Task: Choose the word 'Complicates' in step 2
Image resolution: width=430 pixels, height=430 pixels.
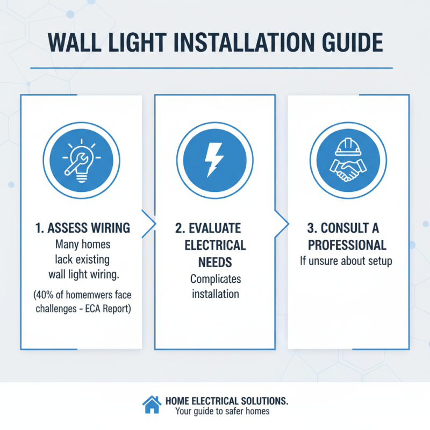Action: pos(215,279)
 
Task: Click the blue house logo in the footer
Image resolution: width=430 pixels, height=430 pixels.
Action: pos(152,404)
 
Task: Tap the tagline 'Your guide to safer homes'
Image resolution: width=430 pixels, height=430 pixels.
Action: pos(222,412)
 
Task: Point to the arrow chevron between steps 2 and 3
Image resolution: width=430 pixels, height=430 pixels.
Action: pos(281,221)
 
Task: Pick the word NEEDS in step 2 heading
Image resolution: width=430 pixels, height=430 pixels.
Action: pos(215,263)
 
